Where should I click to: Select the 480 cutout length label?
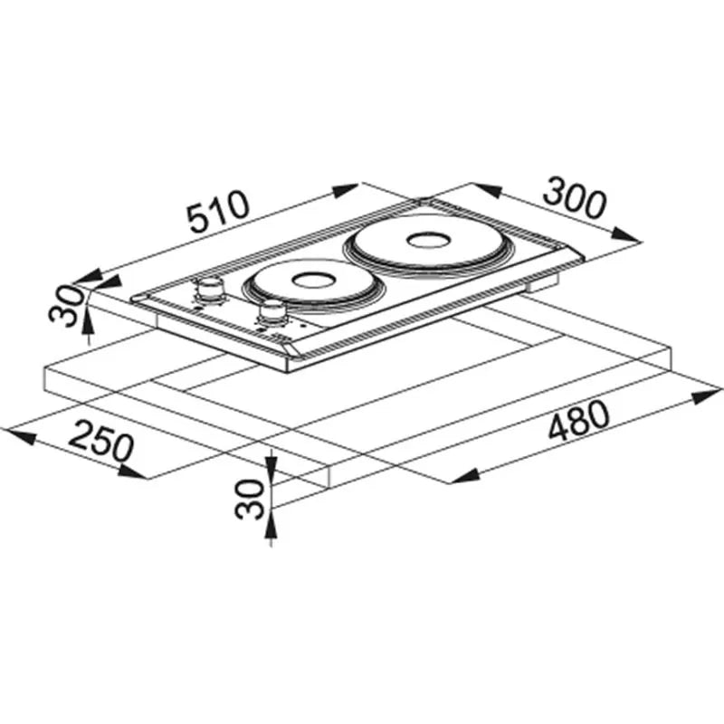(x=579, y=421)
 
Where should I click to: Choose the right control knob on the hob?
(x=271, y=313)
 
